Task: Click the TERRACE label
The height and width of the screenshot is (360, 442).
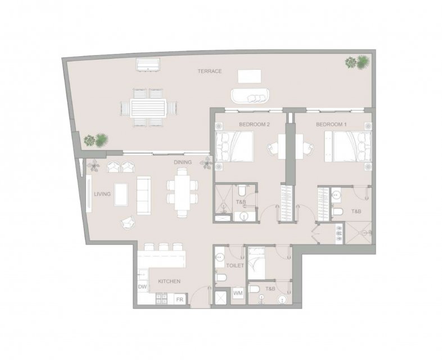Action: (x=209, y=71)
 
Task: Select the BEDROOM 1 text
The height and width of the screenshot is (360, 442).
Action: (x=331, y=124)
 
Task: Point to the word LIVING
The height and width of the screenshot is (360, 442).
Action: (x=102, y=194)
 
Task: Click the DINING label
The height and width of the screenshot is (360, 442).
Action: (x=183, y=162)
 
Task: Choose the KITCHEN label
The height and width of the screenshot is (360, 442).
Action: (x=169, y=281)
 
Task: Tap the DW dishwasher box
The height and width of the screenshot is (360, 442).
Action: (x=143, y=287)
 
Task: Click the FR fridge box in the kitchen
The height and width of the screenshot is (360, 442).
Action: (x=179, y=299)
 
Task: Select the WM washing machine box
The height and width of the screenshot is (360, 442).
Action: (x=238, y=293)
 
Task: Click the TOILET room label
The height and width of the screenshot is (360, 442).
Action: (x=235, y=265)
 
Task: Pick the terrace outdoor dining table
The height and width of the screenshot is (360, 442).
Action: (x=148, y=107)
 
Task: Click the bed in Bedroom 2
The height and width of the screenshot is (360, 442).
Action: (x=234, y=147)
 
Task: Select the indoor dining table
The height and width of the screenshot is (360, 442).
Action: (x=182, y=192)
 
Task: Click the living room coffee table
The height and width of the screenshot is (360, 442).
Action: (x=121, y=195)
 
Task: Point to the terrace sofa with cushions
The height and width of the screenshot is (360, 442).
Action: (x=250, y=96)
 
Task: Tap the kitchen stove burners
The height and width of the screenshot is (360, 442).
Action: (x=161, y=299)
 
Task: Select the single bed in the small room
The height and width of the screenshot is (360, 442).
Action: (x=256, y=263)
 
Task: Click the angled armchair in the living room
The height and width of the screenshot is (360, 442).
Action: (x=128, y=222)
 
